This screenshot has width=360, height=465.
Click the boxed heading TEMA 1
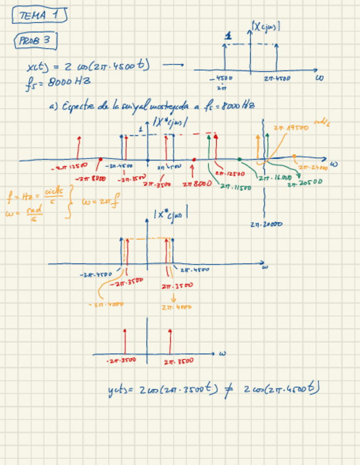pos(39,16)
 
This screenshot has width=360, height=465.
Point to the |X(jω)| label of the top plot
pos(266,26)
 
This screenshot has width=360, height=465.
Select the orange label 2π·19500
pos(291,127)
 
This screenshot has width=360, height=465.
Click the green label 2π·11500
pos(235,186)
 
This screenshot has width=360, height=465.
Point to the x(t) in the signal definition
pos(36,67)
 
